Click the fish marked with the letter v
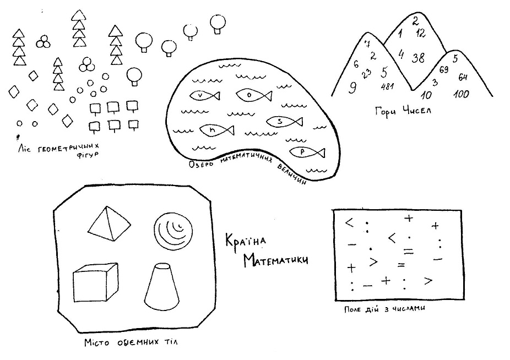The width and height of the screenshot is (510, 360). [x=204, y=95]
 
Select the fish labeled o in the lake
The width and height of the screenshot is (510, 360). [x=254, y=95]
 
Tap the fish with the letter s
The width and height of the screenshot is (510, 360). [x=285, y=122]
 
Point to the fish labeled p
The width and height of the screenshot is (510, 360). [x=307, y=152]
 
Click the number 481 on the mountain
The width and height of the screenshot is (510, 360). [x=387, y=86]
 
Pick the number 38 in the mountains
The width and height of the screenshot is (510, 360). [x=418, y=58]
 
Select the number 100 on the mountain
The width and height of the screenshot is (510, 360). [x=461, y=94]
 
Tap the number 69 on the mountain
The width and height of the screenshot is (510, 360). [x=444, y=69]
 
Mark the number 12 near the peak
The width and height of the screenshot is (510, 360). [x=421, y=33]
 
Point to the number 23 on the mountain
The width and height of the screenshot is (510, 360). [x=366, y=74]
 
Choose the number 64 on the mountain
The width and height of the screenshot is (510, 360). [x=463, y=77]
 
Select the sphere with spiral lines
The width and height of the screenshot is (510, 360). [x=173, y=231]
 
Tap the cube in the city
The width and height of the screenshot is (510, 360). [x=95, y=282]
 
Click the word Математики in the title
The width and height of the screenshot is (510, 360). [x=276, y=260]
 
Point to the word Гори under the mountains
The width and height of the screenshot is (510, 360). [x=386, y=112]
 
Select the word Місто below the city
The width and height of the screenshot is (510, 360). [x=96, y=342]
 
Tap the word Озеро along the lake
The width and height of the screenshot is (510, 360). [x=202, y=164]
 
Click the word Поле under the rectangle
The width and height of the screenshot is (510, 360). [x=352, y=309]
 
